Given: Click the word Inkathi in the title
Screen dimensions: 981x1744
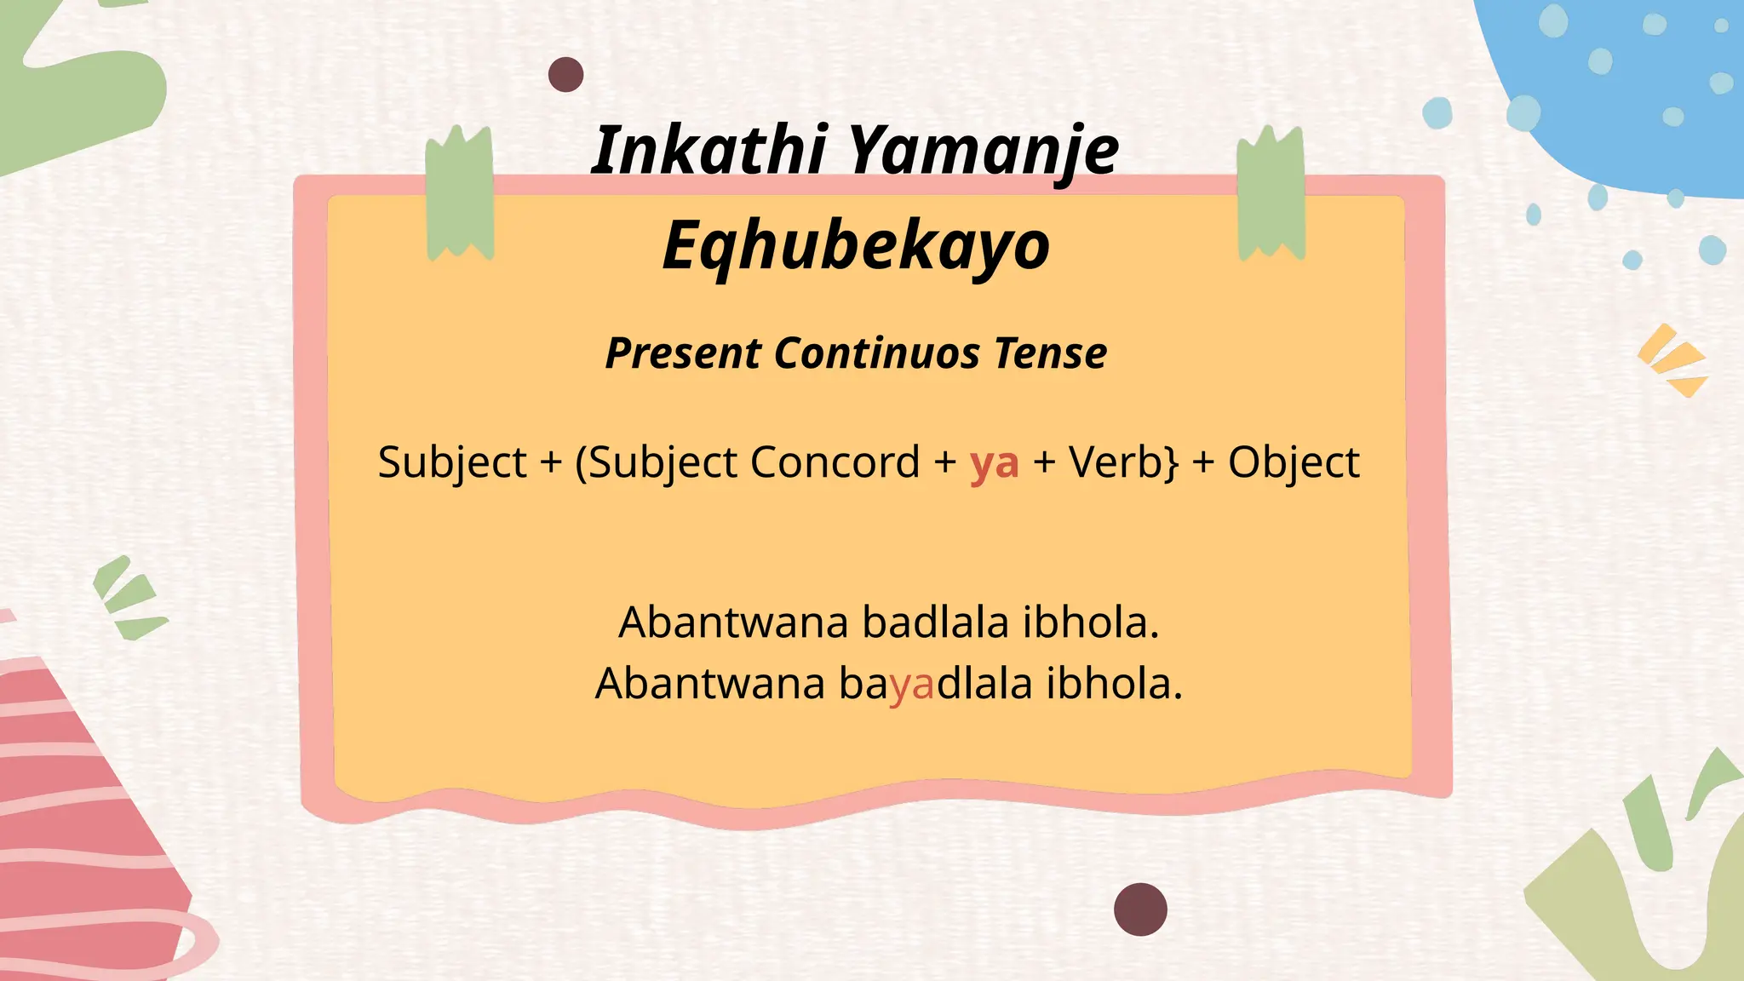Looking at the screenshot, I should click(708, 150).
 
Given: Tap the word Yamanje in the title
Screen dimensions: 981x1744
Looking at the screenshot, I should click(984, 150).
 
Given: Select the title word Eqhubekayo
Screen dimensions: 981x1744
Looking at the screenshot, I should click(856, 245).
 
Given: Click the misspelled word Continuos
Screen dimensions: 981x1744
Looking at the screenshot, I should click(877, 353).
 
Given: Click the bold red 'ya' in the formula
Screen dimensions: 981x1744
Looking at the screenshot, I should click(994, 463).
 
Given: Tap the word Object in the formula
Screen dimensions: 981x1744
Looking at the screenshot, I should click(1293, 463).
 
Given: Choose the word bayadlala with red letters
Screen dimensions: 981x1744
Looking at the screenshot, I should click(935, 684).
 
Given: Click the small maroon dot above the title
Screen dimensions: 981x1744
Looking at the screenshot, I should click(565, 75).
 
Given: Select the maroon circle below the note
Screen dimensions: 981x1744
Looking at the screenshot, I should click(1140, 909).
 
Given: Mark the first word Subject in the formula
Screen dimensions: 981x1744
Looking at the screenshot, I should click(452, 463).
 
